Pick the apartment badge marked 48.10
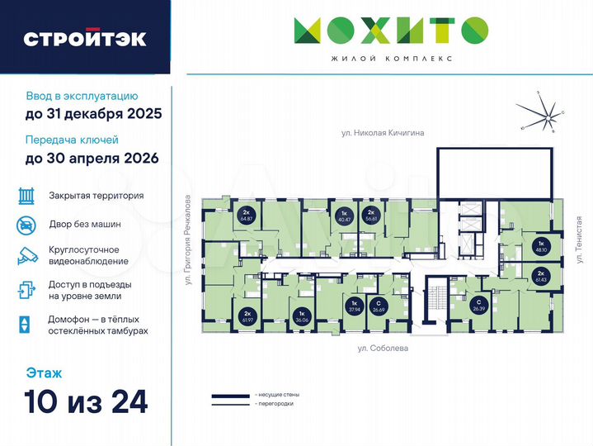point(542,246)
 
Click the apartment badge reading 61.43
point(542,277)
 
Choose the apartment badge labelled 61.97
point(247,316)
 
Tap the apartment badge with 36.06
point(302,316)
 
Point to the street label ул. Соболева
point(383,349)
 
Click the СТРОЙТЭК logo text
point(85,38)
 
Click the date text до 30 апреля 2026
point(92,158)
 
